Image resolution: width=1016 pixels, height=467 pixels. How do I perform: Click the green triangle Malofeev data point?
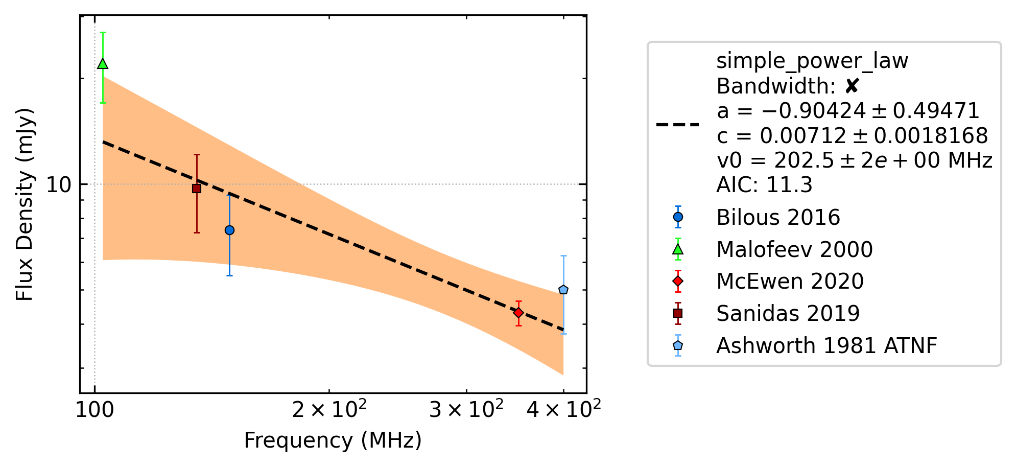(103, 64)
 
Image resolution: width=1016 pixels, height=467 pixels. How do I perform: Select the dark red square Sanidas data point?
(197, 189)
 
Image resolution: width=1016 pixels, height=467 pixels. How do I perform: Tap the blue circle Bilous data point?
(230, 230)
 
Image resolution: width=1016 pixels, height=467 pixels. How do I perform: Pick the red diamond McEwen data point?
(518, 312)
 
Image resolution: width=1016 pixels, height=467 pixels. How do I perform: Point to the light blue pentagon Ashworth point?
(563, 290)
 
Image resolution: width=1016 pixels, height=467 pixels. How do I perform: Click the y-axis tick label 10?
(59, 184)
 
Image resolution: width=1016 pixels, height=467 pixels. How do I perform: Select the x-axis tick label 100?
(95, 410)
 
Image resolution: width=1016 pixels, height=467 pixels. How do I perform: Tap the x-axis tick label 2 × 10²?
(329, 408)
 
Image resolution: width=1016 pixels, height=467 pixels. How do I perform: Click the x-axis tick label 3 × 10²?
(466, 408)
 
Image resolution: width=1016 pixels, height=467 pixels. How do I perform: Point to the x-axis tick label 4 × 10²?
(564, 408)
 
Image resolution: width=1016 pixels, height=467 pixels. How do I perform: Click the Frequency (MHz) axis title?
(333, 440)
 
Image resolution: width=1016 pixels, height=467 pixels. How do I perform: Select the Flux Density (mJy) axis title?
(24, 204)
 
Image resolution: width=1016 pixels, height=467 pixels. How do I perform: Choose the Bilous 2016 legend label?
(778, 218)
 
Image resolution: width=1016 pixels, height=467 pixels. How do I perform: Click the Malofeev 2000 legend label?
(794, 250)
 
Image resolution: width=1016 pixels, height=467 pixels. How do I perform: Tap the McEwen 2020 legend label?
(790, 282)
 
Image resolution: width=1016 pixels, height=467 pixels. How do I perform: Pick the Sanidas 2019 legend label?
(788, 314)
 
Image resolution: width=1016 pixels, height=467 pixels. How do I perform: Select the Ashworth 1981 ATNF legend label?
(826, 346)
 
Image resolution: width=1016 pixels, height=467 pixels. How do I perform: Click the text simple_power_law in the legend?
(812, 61)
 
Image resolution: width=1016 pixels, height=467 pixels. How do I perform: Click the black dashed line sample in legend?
(678, 124)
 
